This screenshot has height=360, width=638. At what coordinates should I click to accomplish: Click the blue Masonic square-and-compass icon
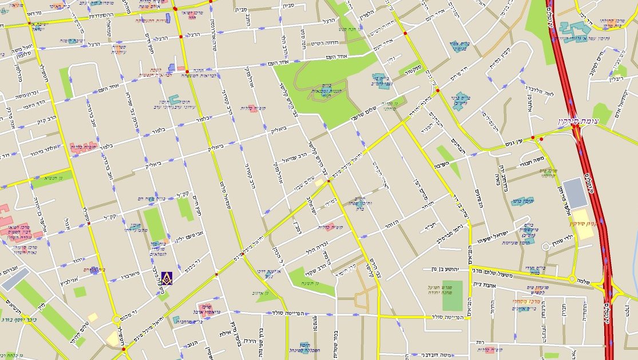(167, 278)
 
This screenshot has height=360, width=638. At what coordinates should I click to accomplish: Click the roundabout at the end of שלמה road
(571, 279)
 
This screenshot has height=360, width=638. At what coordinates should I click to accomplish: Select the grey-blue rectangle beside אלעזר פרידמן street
(575, 193)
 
